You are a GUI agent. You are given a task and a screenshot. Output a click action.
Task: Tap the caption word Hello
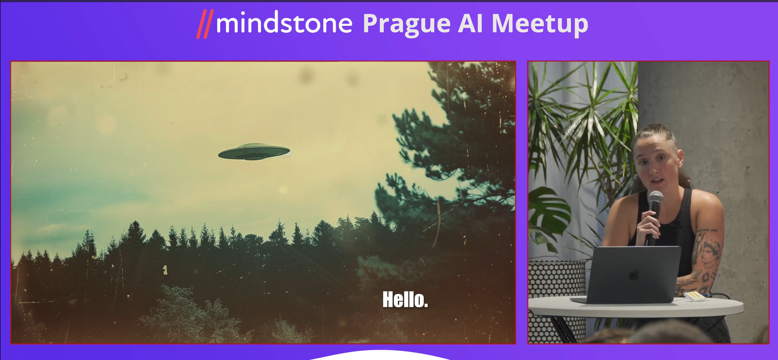(x=405, y=299)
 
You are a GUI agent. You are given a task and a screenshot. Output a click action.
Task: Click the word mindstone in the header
(x=284, y=23)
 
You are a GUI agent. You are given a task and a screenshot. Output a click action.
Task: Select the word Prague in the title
(x=406, y=24)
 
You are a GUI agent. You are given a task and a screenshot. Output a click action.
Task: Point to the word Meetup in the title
(x=540, y=24)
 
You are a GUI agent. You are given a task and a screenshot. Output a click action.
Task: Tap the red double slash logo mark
(x=205, y=24)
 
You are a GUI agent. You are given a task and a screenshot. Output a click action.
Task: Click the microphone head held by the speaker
(x=655, y=200)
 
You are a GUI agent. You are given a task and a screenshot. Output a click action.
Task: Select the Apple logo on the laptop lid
(x=634, y=275)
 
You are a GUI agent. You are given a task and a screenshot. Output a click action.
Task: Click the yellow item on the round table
(x=694, y=296)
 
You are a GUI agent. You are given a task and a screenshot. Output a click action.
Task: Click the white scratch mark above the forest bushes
(x=165, y=269)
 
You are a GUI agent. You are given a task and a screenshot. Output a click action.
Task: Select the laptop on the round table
(x=630, y=275)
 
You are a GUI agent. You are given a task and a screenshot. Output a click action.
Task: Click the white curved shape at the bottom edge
(x=380, y=355)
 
